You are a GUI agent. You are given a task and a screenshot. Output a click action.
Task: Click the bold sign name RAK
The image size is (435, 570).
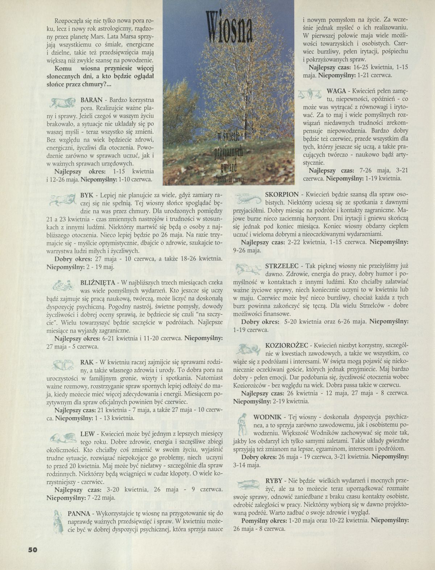(x=87, y=362)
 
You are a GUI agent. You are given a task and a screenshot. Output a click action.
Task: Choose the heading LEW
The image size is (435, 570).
(x=87, y=434)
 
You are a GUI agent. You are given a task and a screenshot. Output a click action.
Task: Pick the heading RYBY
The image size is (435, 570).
(x=273, y=481)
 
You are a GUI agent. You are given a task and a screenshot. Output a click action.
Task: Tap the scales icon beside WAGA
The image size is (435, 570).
(x=309, y=94)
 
